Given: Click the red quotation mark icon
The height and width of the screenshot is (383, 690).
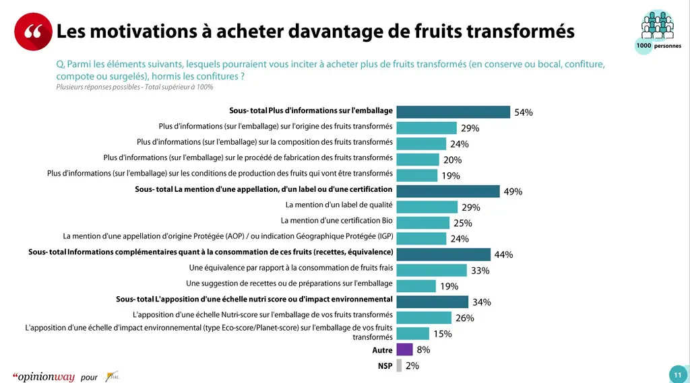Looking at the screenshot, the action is click(33, 32).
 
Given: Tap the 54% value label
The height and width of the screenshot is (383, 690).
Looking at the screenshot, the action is click(523, 112).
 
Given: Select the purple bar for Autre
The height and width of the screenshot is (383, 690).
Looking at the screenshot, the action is click(404, 349).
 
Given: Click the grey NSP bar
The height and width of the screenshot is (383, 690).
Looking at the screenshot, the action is click(399, 365).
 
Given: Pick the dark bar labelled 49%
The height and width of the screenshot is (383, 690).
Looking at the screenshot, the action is click(448, 191).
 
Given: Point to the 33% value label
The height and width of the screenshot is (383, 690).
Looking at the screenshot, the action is click(480, 271).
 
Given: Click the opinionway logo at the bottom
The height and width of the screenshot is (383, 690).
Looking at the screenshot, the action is click(44, 377).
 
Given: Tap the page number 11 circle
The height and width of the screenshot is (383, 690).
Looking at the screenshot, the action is click(678, 375).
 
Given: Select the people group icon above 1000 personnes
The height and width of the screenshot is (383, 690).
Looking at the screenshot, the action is click(658, 25).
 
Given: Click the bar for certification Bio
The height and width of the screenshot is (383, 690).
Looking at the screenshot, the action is click(423, 223).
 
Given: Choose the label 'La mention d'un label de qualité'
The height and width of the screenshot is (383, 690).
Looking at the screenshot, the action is click(339, 205).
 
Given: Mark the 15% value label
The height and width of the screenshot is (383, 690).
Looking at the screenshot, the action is click(442, 334).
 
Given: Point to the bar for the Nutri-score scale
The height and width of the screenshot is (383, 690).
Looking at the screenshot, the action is click(424, 318).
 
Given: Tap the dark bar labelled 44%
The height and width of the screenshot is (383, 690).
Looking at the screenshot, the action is click(443, 254).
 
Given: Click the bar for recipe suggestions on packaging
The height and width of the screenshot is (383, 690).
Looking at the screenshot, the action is click(416, 286).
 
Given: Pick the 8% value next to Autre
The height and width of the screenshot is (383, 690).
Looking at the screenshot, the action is click(423, 350).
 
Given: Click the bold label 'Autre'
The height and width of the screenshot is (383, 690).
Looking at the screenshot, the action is click(382, 351).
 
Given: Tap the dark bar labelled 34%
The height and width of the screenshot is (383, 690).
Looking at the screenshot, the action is click(432, 302).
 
